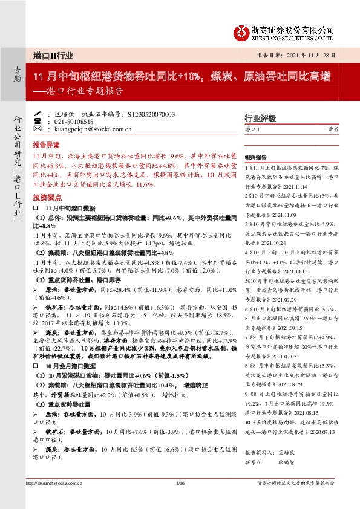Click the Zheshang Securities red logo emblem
point(243,30)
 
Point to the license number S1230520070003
point(152,114)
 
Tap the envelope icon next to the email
point(39,129)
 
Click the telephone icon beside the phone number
point(39,122)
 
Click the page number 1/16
point(179,483)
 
